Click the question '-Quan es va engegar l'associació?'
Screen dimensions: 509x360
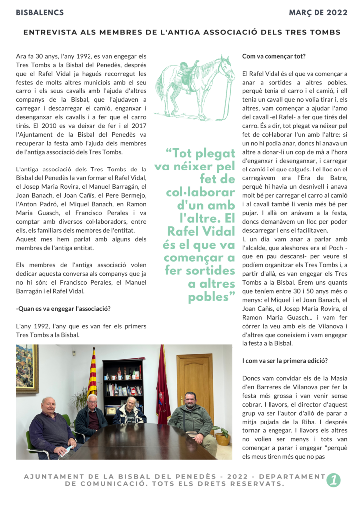[64, 309]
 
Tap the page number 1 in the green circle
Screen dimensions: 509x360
[333, 480]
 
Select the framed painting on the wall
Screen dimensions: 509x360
[27, 368]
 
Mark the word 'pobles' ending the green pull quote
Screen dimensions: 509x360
[211, 297]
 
